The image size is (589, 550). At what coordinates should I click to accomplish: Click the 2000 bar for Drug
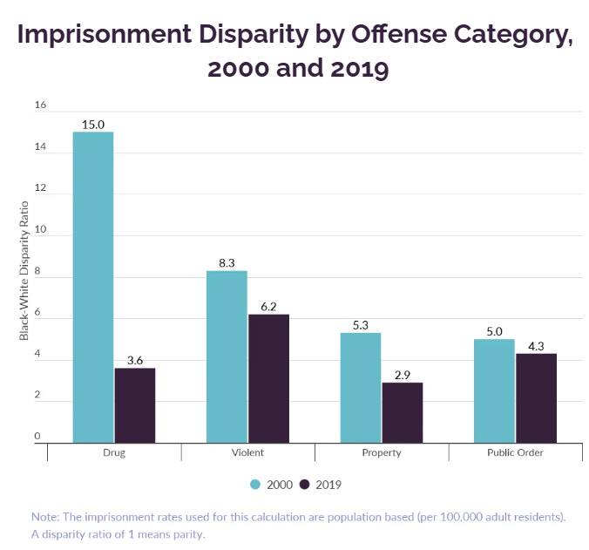(x=93, y=288)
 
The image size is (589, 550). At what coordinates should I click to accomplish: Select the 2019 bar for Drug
(x=135, y=405)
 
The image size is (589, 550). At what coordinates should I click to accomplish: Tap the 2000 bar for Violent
(x=227, y=356)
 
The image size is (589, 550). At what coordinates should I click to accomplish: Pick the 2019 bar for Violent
(x=268, y=378)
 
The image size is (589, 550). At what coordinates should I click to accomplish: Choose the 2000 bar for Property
(x=361, y=388)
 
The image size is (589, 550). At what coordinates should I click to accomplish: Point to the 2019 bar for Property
(x=402, y=412)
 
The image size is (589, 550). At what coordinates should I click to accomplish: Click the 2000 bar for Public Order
(x=494, y=390)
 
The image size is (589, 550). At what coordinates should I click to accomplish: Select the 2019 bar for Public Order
(x=536, y=398)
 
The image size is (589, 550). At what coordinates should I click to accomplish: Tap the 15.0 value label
(x=93, y=125)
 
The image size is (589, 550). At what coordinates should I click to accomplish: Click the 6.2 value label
(x=268, y=307)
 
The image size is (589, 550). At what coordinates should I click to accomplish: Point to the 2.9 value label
(x=402, y=375)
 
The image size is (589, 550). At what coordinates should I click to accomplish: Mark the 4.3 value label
(x=536, y=346)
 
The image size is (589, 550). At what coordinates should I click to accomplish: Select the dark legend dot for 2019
(x=305, y=484)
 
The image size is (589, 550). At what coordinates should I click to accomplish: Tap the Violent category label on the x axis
(x=248, y=453)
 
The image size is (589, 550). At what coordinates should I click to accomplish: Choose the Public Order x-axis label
(x=515, y=453)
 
